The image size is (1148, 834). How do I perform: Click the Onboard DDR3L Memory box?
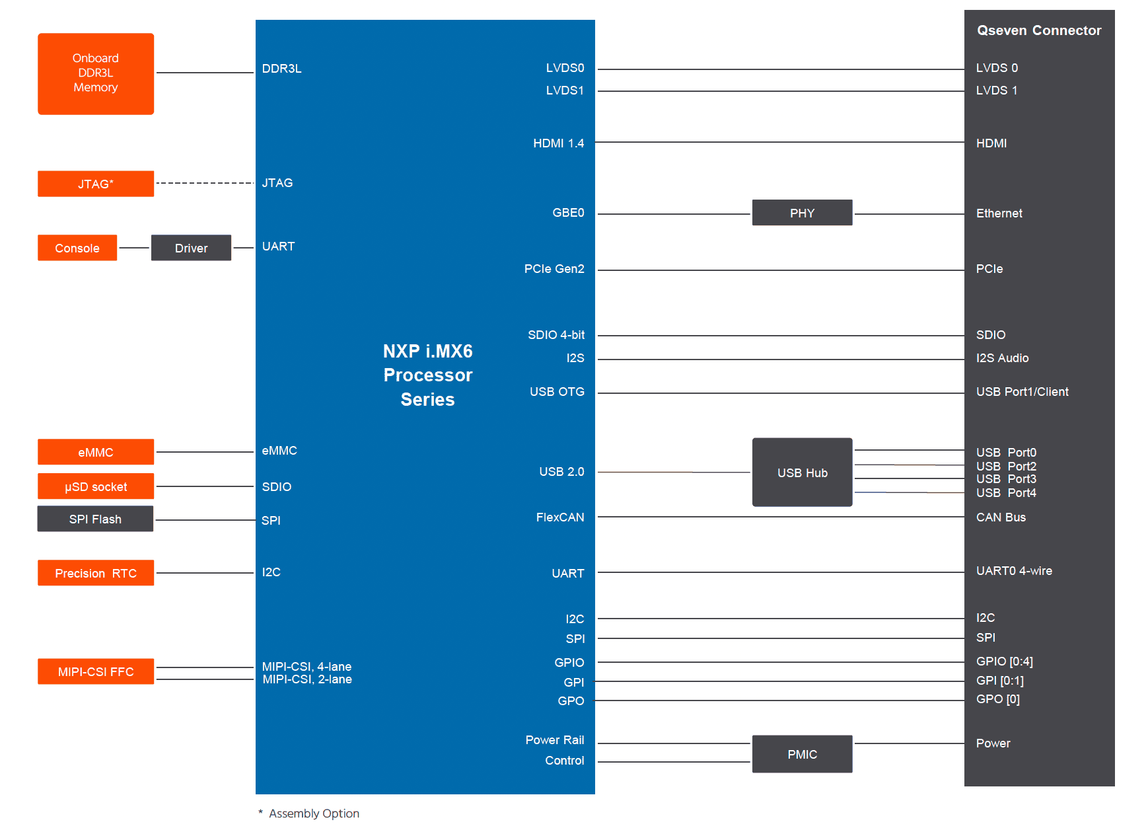point(96,73)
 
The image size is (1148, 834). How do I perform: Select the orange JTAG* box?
point(96,184)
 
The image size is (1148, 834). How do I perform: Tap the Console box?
point(77,248)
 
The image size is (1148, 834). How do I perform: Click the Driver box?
point(191,248)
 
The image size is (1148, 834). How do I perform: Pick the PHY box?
point(802,213)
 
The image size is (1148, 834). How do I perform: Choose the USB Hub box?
point(802,473)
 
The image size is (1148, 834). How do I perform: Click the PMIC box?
point(802,754)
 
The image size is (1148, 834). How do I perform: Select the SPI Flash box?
point(95,519)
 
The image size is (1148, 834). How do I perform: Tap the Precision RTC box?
point(96,573)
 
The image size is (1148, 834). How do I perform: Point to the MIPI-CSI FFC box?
point(96,671)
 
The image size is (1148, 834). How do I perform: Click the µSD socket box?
point(96,486)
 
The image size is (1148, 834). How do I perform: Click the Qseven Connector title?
point(1039,30)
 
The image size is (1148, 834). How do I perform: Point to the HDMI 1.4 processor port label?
point(559,143)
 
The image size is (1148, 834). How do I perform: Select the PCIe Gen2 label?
point(554,269)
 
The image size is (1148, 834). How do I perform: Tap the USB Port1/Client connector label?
point(1022,392)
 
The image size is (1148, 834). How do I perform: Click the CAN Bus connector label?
point(1001,517)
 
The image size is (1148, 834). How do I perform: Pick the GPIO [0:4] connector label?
point(1005,662)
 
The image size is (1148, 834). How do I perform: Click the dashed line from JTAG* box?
point(205,183)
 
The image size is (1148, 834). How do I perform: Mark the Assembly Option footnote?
point(308,814)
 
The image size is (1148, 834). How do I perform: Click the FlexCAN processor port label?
point(560,517)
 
